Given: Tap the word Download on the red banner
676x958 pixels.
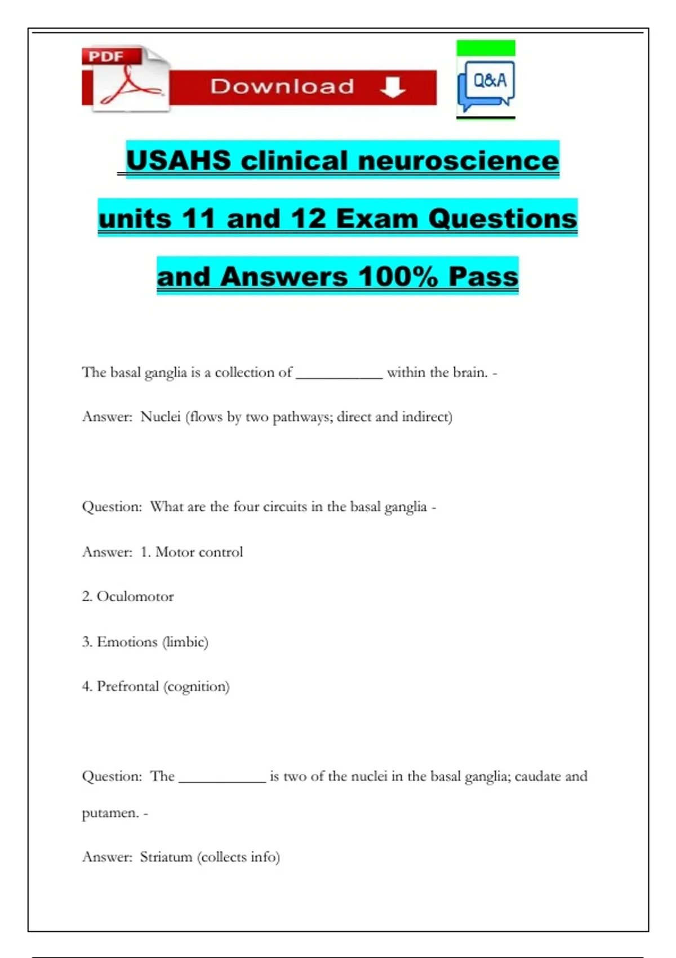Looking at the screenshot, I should (282, 87).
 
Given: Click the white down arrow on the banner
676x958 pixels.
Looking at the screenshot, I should (393, 87).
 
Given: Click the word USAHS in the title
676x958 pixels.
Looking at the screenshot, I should (179, 161).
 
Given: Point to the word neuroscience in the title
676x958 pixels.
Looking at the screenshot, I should (458, 161).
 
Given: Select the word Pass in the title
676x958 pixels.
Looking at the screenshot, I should (483, 277).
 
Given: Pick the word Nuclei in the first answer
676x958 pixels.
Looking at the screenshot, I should (161, 417).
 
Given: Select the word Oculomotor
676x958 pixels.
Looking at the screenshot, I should (135, 596).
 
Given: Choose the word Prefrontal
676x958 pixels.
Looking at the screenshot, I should (128, 686).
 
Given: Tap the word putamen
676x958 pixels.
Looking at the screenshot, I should (110, 813).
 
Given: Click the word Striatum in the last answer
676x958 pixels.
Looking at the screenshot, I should (166, 857).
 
